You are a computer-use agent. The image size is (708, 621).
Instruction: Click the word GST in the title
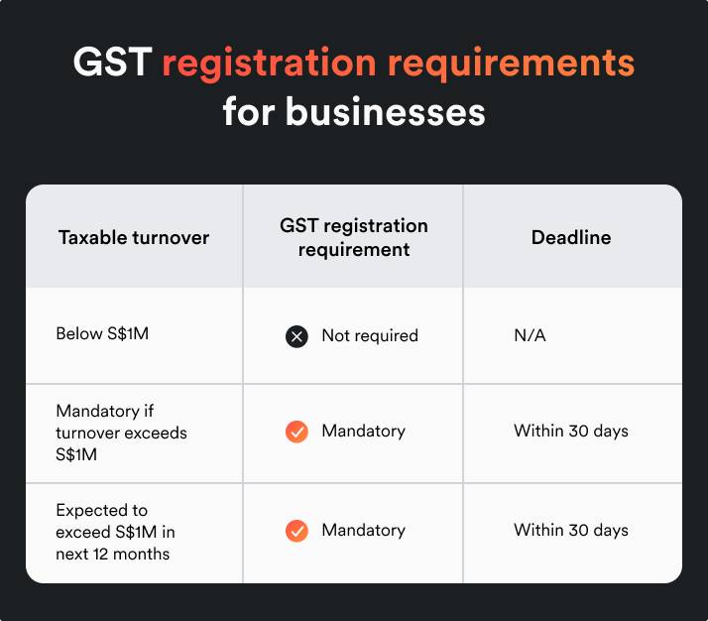[111, 63]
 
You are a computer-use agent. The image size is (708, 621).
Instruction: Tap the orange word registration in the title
[268, 63]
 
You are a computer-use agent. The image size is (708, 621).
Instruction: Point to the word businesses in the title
[386, 112]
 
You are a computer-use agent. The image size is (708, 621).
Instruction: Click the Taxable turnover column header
[134, 237]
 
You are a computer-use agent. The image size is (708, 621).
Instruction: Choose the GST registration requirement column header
[353, 237]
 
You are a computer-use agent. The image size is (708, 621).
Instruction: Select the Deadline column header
[571, 237]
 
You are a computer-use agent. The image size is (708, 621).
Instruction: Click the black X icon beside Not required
[296, 336]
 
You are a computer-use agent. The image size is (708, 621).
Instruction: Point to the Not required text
[370, 335]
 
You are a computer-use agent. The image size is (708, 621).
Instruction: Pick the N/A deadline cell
[530, 335]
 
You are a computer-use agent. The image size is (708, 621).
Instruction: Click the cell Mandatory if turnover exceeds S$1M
[121, 432]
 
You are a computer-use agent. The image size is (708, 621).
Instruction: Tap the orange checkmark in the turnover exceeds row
[296, 432]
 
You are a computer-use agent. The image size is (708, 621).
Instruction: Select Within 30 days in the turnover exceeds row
[571, 432]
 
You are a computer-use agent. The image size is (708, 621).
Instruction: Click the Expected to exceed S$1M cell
[115, 532]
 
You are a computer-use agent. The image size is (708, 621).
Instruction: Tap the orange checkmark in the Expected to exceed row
[296, 531]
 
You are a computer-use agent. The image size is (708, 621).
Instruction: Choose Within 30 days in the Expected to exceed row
[571, 530]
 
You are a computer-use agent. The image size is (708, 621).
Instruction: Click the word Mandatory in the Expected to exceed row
[363, 530]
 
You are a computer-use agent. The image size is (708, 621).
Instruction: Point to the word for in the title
[248, 112]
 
